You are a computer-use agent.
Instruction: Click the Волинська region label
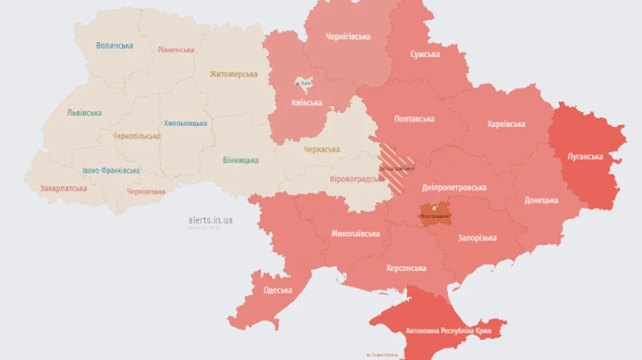point(114,46)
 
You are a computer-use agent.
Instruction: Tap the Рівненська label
point(175,50)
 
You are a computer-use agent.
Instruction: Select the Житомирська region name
point(233,74)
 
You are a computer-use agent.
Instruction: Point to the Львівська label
point(84,113)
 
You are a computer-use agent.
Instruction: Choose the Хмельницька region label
point(185,123)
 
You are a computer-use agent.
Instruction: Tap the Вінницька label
point(240,160)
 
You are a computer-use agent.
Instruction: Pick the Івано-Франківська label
point(111,171)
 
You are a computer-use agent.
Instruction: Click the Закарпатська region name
point(63,189)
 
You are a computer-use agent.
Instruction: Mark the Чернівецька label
point(146,192)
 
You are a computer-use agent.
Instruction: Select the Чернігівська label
point(347,37)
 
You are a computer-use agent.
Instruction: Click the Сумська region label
point(424,54)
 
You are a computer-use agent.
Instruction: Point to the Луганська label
point(585,157)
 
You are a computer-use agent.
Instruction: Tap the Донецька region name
point(541,200)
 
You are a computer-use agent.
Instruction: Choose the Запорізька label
point(477,238)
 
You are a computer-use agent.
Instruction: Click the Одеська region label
point(277,290)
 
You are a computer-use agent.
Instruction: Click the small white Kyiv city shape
point(303,83)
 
